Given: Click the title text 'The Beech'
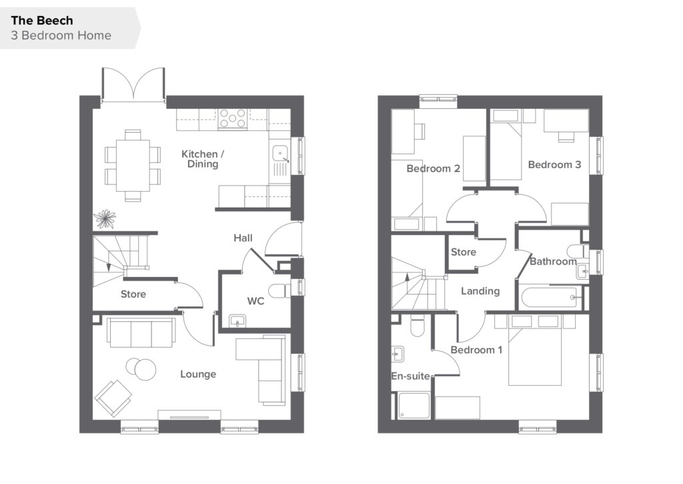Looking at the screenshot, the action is (x=42, y=21).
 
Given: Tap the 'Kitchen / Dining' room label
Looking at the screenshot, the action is (x=203, y=159).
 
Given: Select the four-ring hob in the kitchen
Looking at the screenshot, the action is (x=233, y=119).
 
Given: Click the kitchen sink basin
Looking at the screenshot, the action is (x=280, y=153).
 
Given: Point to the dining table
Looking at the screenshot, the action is (x=133, y=166).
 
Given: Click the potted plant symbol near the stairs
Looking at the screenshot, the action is (x=105, y=219).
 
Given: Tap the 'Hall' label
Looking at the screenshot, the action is (x=243, y=238).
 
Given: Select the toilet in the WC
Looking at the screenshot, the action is (x=279, y=290).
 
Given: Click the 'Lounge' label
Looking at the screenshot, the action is (x=198, y=374).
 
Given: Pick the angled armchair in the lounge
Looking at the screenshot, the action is (x=113, y=398).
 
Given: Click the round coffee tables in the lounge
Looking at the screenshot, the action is (x=141, y=369).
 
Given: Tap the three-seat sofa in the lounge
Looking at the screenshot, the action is (x=141, y=332).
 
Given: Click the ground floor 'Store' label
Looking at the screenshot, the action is (x=133, y=294).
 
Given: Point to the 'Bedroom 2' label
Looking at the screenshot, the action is (x=434, y=169).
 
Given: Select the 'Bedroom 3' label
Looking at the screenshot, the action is (x=554, y=165).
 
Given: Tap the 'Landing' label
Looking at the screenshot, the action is (x=480, y=291).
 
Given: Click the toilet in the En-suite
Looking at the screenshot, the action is (x=418, y=326).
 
